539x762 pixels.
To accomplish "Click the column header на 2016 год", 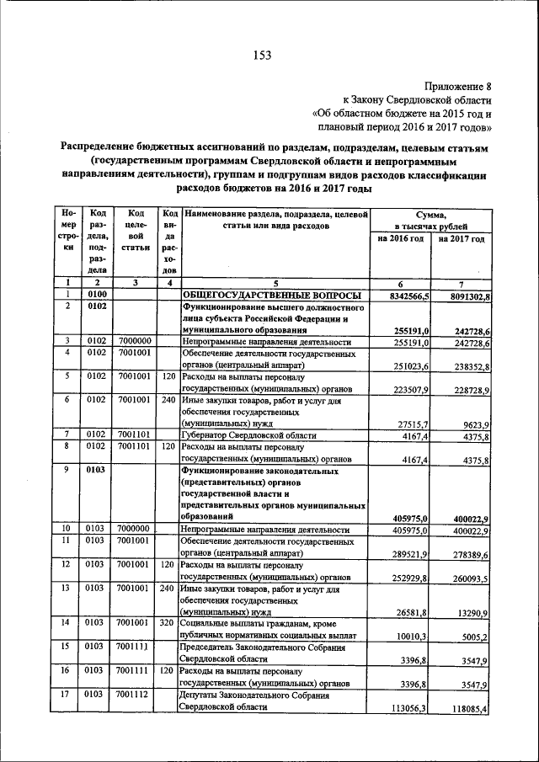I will pyautogui.click(x=400, y=239).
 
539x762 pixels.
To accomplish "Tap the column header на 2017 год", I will pyautogui.click(x=462, y=239).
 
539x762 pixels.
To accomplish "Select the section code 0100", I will pyautogui.click(x=97, y=296).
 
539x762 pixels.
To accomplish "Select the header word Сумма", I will pyautogui.click(x=430, y=215).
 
